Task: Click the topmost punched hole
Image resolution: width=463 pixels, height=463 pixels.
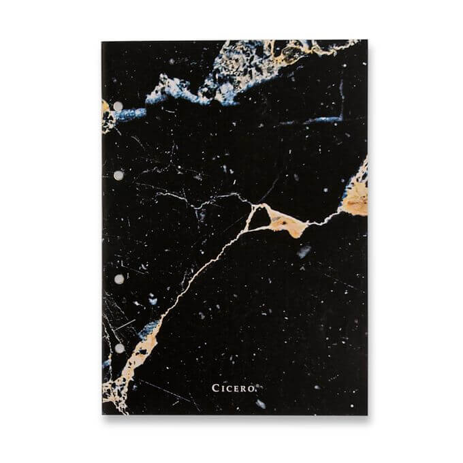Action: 118,106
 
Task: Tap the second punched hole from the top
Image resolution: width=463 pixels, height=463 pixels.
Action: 118,176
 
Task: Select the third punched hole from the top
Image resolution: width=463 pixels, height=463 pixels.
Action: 118,279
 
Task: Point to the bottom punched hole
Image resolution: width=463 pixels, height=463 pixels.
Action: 118,348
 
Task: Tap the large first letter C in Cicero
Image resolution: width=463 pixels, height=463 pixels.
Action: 216,388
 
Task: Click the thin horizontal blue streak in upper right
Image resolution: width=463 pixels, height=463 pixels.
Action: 320,121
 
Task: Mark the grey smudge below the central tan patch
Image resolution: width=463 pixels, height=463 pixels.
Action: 304,251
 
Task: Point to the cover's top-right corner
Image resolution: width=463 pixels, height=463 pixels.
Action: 366,41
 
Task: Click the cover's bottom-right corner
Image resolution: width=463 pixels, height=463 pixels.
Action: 366,414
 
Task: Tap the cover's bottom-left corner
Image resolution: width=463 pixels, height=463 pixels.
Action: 103,414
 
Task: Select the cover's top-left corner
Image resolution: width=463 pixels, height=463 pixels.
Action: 102,42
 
